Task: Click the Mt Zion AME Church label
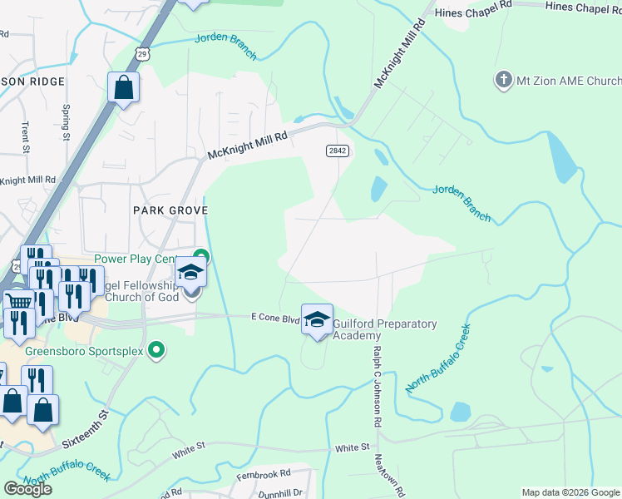point(569,81)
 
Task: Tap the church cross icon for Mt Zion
point(503,81)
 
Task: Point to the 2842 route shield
point(337,151)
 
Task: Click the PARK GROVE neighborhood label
point(170,210)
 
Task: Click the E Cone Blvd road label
point(275,318)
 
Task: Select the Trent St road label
point(26,138)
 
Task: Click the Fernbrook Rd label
point(262,472)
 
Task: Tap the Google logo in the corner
point(27,489)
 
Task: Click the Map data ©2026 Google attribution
point(571,492)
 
